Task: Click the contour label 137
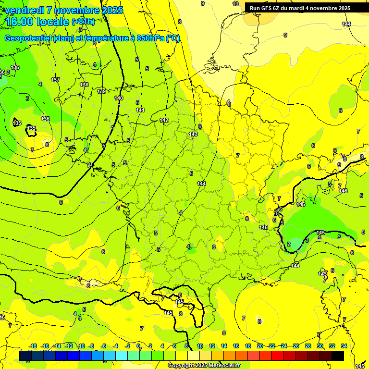[55, 80]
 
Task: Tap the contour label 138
[84, 85]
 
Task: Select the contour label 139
[101, 91]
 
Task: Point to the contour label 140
[119, 98]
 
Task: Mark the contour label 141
[140, 110]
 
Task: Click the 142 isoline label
[164, 120]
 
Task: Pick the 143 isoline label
[193, 134]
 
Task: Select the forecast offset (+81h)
[83, 22]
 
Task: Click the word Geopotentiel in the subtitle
[28, 38]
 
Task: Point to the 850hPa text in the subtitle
[148, 38]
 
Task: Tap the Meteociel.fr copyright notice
[204, 366]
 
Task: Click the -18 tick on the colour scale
[33, 346]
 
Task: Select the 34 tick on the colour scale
[344, 346]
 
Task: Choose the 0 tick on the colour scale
[138, 346]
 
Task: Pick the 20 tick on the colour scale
[259, 346]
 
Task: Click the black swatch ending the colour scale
[338, 356]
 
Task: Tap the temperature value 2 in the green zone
[289, 244]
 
